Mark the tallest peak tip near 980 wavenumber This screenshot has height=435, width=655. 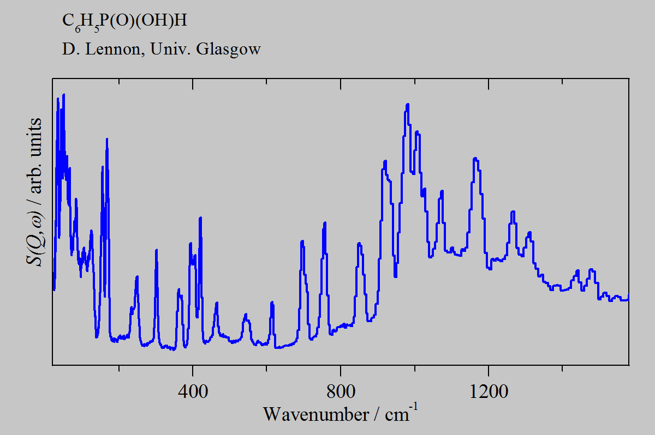(x=407, y=104)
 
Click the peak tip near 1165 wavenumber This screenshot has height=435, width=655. (x=475, y=159)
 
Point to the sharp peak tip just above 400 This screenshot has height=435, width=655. (x=200, y=217)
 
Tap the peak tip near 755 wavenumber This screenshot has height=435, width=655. (x=325, y=222)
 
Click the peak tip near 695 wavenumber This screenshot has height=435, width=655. (x=302, y=240)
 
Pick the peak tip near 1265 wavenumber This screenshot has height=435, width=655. (x=513, y=212)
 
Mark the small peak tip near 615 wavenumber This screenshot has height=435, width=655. (x=272, y=302)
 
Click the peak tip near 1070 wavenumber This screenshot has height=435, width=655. (x=442, y=191)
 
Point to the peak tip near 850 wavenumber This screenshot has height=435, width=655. (x=359, y=243)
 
